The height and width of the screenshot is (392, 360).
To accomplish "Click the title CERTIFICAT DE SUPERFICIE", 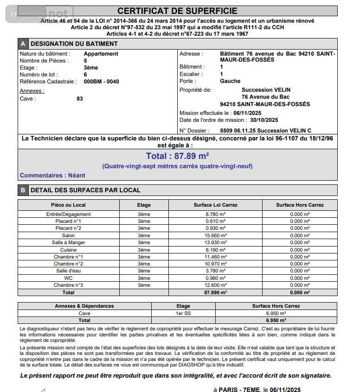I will (177, 11).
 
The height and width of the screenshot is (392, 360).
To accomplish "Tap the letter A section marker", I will (23, 44).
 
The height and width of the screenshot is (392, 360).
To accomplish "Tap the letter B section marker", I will (23, 190).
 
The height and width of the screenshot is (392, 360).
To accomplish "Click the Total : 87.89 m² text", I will (177, 156).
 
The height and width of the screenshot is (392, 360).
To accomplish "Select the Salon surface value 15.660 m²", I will (215, 235).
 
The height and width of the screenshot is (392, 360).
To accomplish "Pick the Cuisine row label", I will (68, 250).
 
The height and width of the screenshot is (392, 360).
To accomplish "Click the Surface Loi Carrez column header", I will (215, 205).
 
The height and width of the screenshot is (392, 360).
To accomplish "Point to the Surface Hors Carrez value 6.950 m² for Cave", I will (276, 313).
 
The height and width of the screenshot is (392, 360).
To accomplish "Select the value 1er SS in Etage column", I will (183, 313).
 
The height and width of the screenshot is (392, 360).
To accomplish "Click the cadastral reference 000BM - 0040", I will (101, 82).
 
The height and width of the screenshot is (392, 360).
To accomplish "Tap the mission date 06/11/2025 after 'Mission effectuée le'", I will (248, 113).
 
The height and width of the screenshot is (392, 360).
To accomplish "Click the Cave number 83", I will (80, 99).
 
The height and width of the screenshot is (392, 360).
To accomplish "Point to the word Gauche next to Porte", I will (230, 81).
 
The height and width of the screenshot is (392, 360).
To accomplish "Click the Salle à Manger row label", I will (68, 242).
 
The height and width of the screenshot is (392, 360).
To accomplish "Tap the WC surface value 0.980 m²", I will (215, 278).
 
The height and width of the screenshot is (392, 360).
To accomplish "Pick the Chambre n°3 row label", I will (68, 285).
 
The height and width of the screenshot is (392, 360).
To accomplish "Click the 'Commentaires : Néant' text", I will (52, 176).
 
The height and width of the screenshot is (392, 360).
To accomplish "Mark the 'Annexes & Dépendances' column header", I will (84, 306).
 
